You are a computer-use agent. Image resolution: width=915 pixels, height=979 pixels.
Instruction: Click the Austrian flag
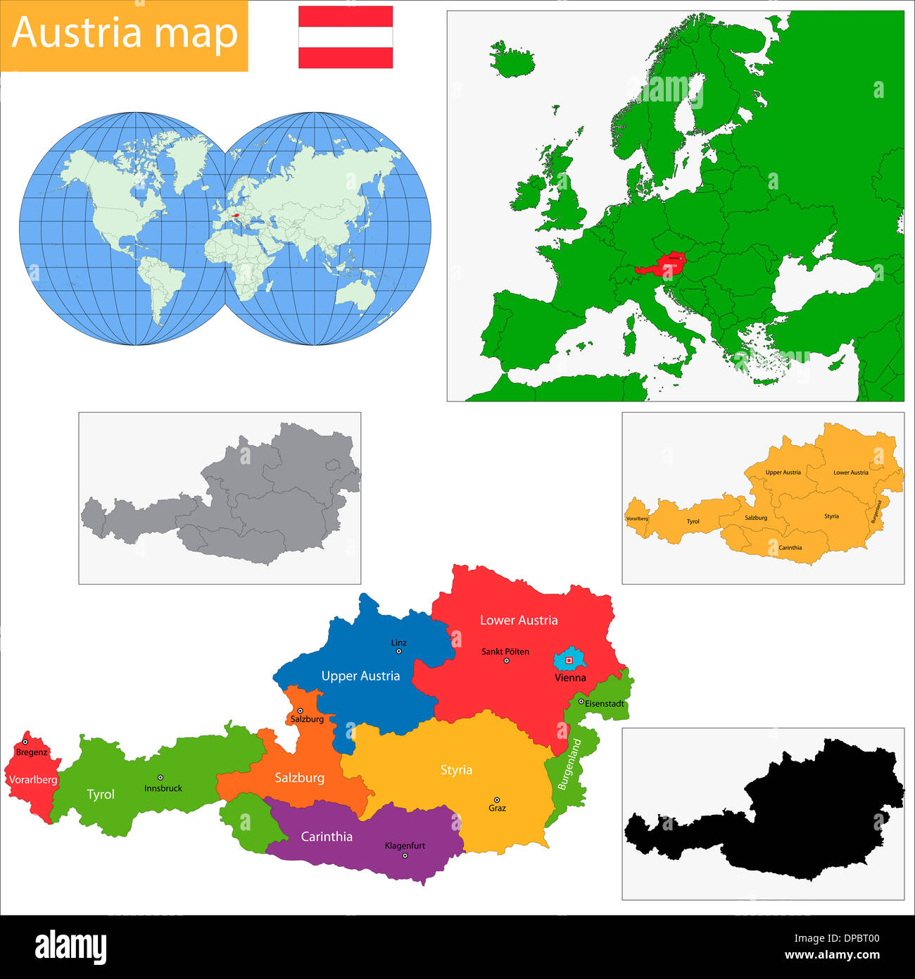[x=345, y=37]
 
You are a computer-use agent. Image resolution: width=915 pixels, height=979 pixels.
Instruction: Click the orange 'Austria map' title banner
[x=124, y=35]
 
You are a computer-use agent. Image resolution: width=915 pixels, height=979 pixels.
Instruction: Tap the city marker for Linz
[x=398, y=651]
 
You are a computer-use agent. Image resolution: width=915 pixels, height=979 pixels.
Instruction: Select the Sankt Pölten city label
[x=505, y=651]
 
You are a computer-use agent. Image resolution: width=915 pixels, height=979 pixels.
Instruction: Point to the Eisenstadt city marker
[x=581, y=701]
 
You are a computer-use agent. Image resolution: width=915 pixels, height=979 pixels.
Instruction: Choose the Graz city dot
[x=497, y=800]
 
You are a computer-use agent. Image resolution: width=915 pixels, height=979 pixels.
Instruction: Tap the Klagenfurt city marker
[x=405, y=856]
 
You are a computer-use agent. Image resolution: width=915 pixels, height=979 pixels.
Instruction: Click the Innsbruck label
[x=163, y=788]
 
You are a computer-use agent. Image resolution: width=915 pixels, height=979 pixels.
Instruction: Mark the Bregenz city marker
[x=25, y=742]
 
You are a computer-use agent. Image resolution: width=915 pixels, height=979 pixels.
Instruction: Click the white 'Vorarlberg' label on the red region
[x=33, y=780]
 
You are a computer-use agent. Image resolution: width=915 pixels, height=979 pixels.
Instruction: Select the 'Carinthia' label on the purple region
[x=327, y=836]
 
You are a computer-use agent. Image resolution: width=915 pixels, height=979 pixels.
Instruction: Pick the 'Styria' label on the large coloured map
[x=456, y=770]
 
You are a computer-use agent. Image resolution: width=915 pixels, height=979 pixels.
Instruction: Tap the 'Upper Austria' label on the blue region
[x=360, y=675]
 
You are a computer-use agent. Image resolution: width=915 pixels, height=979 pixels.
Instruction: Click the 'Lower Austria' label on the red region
[x=519, y=620]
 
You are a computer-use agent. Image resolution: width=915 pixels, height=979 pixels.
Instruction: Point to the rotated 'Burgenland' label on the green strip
[x=570, y=763]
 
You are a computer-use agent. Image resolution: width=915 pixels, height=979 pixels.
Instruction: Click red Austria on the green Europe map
[x=662, y=264]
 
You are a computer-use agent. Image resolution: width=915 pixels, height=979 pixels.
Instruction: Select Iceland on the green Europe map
[x=512, y=60]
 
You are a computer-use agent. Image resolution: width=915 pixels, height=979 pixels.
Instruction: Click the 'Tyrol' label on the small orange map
[x=693, y=521]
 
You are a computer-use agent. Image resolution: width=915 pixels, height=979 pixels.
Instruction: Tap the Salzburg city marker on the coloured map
[x=300, y=711]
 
